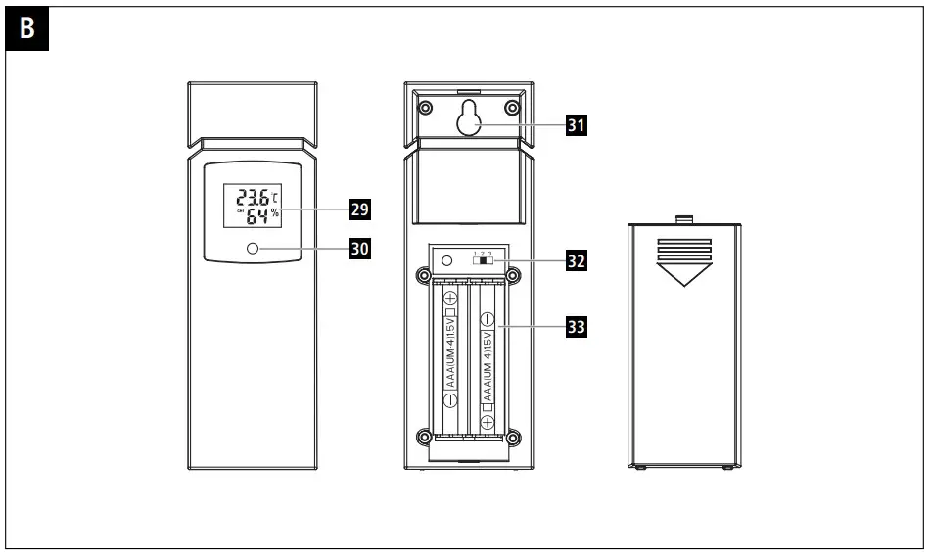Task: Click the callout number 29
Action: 361,208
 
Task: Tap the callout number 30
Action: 361,250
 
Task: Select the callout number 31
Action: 579,124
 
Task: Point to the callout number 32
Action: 579,262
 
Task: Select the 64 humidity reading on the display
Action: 256,217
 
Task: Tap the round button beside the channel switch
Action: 447,261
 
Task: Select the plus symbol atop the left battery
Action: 450,298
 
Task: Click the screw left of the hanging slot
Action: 425,107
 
